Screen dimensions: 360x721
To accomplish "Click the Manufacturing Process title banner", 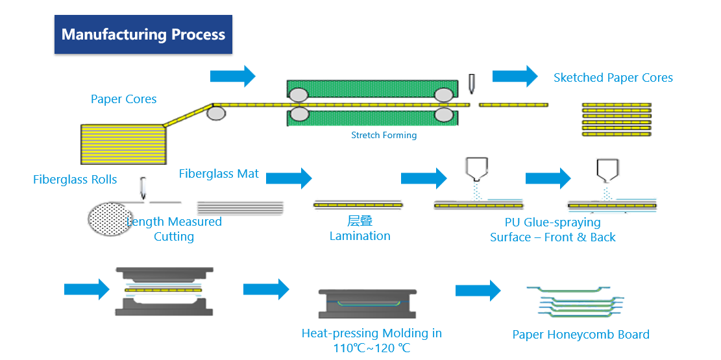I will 143,34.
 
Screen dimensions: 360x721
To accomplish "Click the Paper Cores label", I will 123,99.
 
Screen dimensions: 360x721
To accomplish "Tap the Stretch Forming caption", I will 384,136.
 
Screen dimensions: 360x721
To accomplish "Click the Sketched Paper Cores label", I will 613,78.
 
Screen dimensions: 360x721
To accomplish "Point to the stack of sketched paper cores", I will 616,119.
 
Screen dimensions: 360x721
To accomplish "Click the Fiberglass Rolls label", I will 75,180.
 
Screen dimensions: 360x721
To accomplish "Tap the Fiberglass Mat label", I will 219,174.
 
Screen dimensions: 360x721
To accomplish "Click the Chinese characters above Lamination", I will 360,222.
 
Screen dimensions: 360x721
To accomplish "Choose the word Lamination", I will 360,236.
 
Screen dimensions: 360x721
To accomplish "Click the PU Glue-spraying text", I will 552,222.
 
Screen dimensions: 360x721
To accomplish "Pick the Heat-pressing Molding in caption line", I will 371,333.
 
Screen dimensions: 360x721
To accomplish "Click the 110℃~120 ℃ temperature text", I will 371,348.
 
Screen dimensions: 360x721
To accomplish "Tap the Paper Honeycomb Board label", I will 581,335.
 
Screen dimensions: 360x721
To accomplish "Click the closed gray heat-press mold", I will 367,303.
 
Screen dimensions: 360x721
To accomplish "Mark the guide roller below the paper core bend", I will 216,114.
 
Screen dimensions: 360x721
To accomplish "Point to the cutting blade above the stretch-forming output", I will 471,84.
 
